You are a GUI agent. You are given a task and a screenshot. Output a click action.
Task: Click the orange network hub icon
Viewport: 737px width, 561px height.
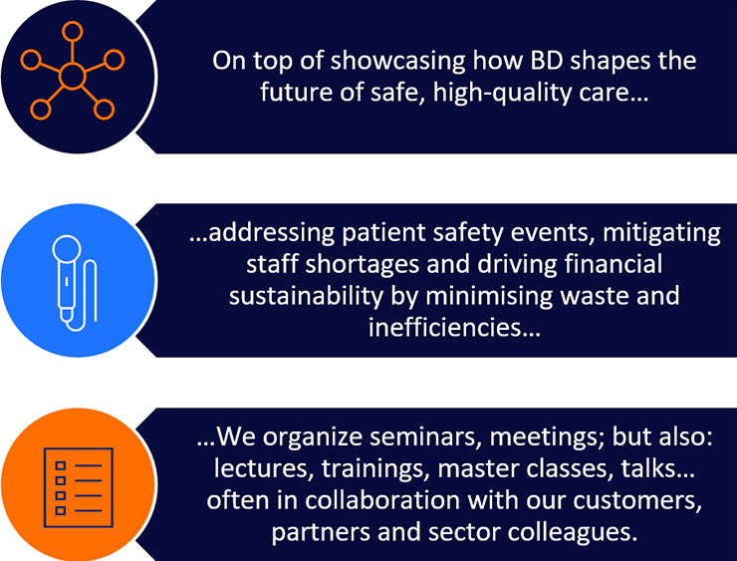coord(73,71)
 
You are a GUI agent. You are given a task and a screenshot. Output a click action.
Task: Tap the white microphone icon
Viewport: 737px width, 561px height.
coord(75,283)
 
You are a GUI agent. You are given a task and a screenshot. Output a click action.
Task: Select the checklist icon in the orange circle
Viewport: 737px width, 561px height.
coord(79,487)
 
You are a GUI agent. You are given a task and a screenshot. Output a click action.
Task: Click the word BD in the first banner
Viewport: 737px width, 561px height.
coord(548,61)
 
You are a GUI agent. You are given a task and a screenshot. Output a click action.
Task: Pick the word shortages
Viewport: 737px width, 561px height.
coord(362,265)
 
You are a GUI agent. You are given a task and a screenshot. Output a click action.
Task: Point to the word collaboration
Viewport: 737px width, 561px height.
coord(382,500)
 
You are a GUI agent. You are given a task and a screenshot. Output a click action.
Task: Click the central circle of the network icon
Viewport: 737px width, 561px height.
coord(73,76)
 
